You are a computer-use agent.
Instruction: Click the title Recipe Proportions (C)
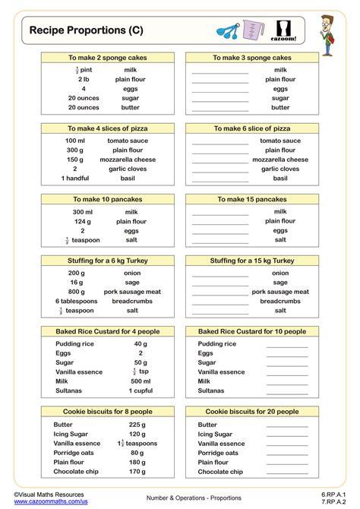86,30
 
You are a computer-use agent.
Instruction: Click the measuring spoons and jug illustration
248,31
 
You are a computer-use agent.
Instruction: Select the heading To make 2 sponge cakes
108,58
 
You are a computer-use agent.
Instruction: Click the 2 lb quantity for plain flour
84,79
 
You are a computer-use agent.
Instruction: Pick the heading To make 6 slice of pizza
252,128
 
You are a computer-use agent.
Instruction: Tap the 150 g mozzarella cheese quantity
75,160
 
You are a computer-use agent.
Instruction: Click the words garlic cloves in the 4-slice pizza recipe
131,169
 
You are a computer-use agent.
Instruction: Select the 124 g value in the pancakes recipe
84,221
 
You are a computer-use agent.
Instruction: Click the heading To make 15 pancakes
252,199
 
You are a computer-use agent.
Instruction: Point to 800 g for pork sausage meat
76,292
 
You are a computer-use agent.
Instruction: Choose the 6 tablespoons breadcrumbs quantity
77,301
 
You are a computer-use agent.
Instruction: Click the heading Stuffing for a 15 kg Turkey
252,261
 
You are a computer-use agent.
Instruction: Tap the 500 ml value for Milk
141,381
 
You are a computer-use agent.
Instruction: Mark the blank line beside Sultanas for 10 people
287,390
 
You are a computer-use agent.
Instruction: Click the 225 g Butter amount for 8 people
137,425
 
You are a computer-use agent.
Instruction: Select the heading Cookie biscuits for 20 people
252,411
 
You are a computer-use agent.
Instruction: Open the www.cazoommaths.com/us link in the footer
50,501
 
